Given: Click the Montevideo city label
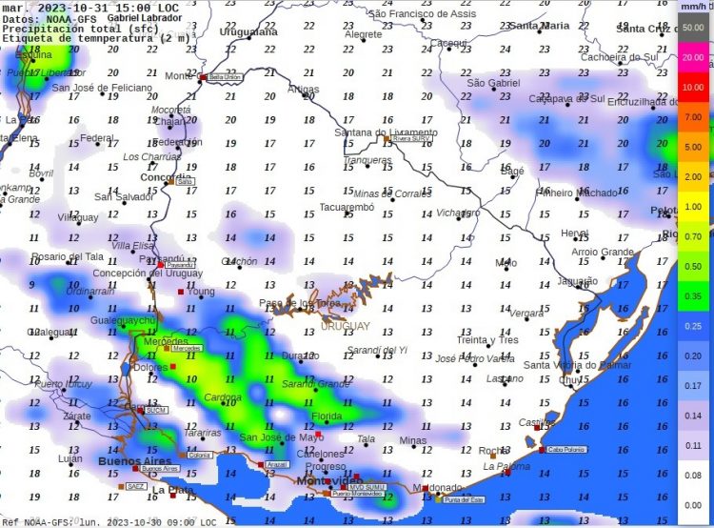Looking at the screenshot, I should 323,480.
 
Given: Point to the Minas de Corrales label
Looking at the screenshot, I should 392,193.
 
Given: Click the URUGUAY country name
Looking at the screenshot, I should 345,326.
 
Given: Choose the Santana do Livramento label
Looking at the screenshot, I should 386,132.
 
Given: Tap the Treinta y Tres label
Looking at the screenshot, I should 487,340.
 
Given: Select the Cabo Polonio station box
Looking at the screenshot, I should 567,449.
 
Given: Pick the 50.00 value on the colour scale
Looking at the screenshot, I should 692,27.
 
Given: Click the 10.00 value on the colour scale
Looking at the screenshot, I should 692,87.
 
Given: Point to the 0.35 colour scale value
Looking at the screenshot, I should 692,296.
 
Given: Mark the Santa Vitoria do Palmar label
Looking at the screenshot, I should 577,364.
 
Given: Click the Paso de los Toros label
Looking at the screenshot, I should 300,303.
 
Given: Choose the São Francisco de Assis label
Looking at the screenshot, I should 422,14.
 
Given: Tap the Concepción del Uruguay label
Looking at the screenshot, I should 143,274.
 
